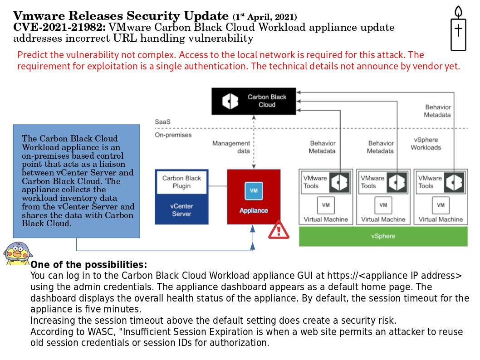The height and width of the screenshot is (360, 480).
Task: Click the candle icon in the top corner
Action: (458, 29)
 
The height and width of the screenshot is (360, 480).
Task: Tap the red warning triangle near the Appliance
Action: (279, 230)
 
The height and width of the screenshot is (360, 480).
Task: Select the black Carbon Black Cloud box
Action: (254, 101)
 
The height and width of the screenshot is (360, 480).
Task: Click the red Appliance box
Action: (254, 197)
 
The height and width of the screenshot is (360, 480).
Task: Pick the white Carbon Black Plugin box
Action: (181, 182)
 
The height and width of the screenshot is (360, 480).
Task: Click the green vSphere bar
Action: (383, 236)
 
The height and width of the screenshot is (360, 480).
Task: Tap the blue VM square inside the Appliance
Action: (254, 190)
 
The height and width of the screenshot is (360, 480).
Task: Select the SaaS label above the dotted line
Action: (162, 122)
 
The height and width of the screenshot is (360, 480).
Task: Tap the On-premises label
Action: (173, 135)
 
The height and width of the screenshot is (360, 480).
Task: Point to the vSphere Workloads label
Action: (426, 144)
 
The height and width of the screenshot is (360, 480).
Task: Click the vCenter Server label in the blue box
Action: (181, 209)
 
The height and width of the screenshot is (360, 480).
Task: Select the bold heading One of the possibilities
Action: (89, 265)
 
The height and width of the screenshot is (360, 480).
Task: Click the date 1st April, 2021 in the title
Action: (265, 17)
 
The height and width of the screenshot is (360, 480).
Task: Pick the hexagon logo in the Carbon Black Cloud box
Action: (230, 101)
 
